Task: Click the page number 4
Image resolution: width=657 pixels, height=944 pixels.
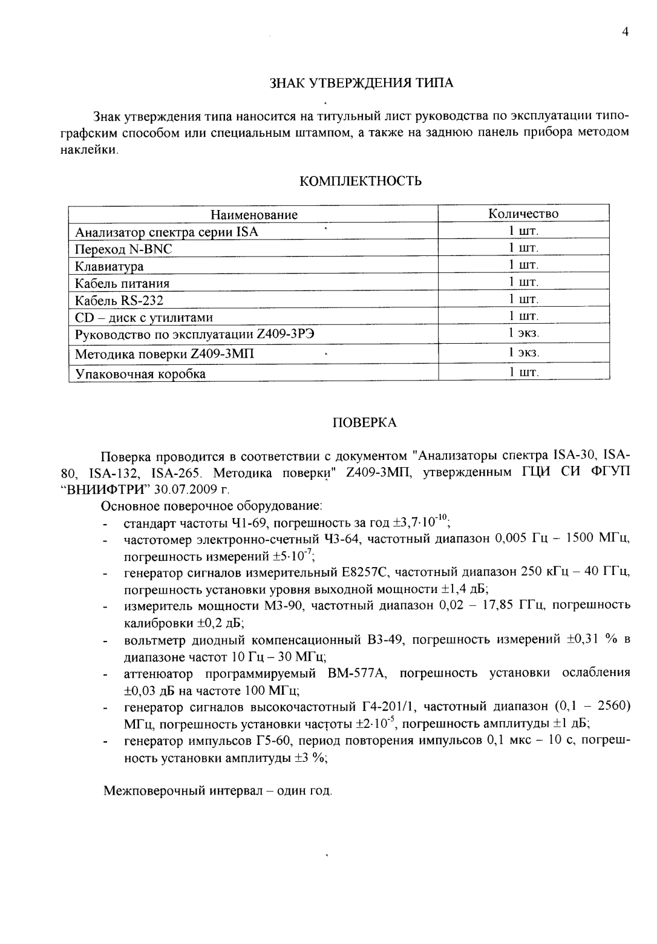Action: [x=626, y=32]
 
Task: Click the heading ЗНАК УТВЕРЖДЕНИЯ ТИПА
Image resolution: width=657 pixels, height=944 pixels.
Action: [x=361, y=83]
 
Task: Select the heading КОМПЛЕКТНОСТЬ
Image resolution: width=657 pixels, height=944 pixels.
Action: [x=361, y=181]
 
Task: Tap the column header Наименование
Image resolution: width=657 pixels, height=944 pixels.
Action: [x=254, y=215]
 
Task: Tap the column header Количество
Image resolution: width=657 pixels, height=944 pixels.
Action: [x=523, y=214]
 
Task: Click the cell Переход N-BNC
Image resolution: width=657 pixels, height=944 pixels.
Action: [x=123, y=249]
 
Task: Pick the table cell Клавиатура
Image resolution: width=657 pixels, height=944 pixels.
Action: [x=109, y=266]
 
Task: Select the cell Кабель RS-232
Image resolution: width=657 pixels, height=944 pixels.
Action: [x=119, y=301]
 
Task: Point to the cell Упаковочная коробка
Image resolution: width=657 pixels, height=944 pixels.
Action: [x=140, y=374]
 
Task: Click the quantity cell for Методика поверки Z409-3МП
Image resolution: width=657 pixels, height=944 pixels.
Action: [x=523, y=352]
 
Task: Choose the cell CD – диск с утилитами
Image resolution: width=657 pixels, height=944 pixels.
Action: [x=143, y=318]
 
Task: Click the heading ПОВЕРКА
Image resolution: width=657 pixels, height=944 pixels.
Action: [x=365, y=423]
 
